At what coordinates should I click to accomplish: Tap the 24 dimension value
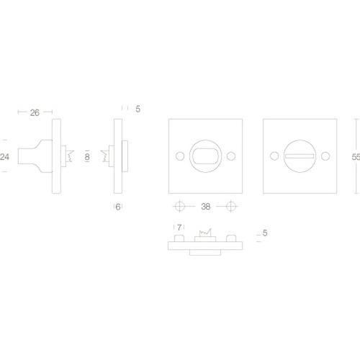[6, 156]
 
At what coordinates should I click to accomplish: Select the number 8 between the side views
[87, 156]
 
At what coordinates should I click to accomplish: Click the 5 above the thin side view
[137, 109]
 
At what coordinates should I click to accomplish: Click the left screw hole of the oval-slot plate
[179, 156]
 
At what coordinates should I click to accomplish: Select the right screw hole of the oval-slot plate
[231, 156]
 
